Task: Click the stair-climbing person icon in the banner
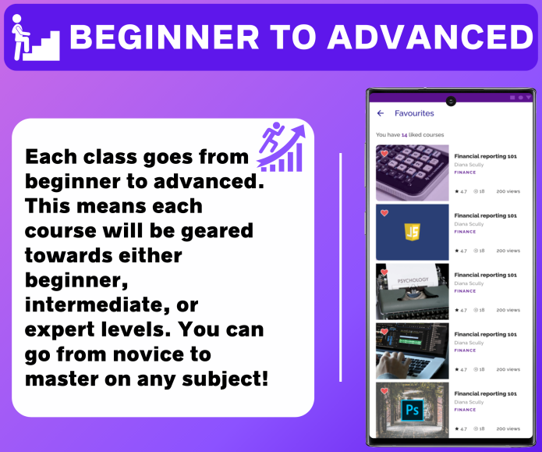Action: [34, 37]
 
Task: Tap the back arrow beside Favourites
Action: [381, 113]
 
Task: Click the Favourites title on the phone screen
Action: [414, 113]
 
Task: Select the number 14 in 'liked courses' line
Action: [405, 135]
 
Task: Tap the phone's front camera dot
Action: [451, 101]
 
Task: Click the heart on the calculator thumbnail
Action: [384, 154]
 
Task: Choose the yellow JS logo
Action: [413, 232]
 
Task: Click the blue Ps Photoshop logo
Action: [413, 410]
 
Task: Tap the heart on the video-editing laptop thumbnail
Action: [384, 332]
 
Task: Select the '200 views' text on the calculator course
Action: [508, 191]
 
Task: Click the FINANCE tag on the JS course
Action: [465, 232]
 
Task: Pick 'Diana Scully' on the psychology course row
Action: [469, 283]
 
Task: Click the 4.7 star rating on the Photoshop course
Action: [461, 429]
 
